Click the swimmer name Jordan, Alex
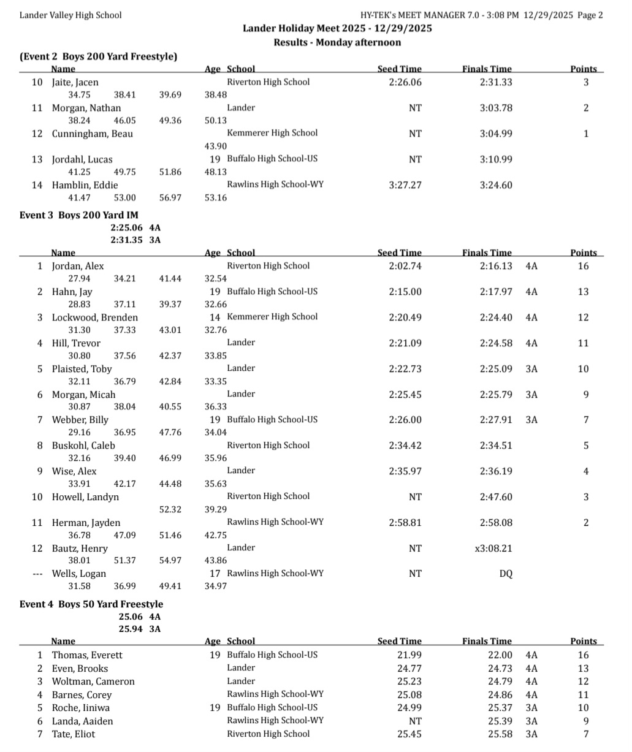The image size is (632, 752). [x=77, y=266]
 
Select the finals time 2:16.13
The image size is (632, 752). [x=496, y=266]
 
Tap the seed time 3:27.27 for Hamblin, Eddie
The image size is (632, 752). [x=405, y=185]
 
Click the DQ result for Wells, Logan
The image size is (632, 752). [x=506, y=574]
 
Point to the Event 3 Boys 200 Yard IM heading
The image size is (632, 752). [x=79, y=215]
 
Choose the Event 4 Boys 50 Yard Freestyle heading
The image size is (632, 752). [x=91, y=604]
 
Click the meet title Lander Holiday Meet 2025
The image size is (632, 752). [x=337, y=28]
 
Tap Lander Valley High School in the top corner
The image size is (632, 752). [x=70, y=15]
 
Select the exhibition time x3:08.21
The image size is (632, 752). [x=493, y=549]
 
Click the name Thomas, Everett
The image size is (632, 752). [x=87, y=655]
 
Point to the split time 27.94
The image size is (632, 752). [x=79, y=279]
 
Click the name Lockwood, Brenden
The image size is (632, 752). [x=94, y=317]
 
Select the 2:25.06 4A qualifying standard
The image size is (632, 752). [x=135, y=227]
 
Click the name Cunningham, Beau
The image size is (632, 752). [x=92, y=134]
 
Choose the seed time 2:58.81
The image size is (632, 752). [x=405, y=523]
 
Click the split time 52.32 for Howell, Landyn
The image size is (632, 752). [x=170, y=509]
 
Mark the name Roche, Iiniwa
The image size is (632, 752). [x=81, y=708]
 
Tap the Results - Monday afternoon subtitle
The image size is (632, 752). [x=337, y=42]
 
